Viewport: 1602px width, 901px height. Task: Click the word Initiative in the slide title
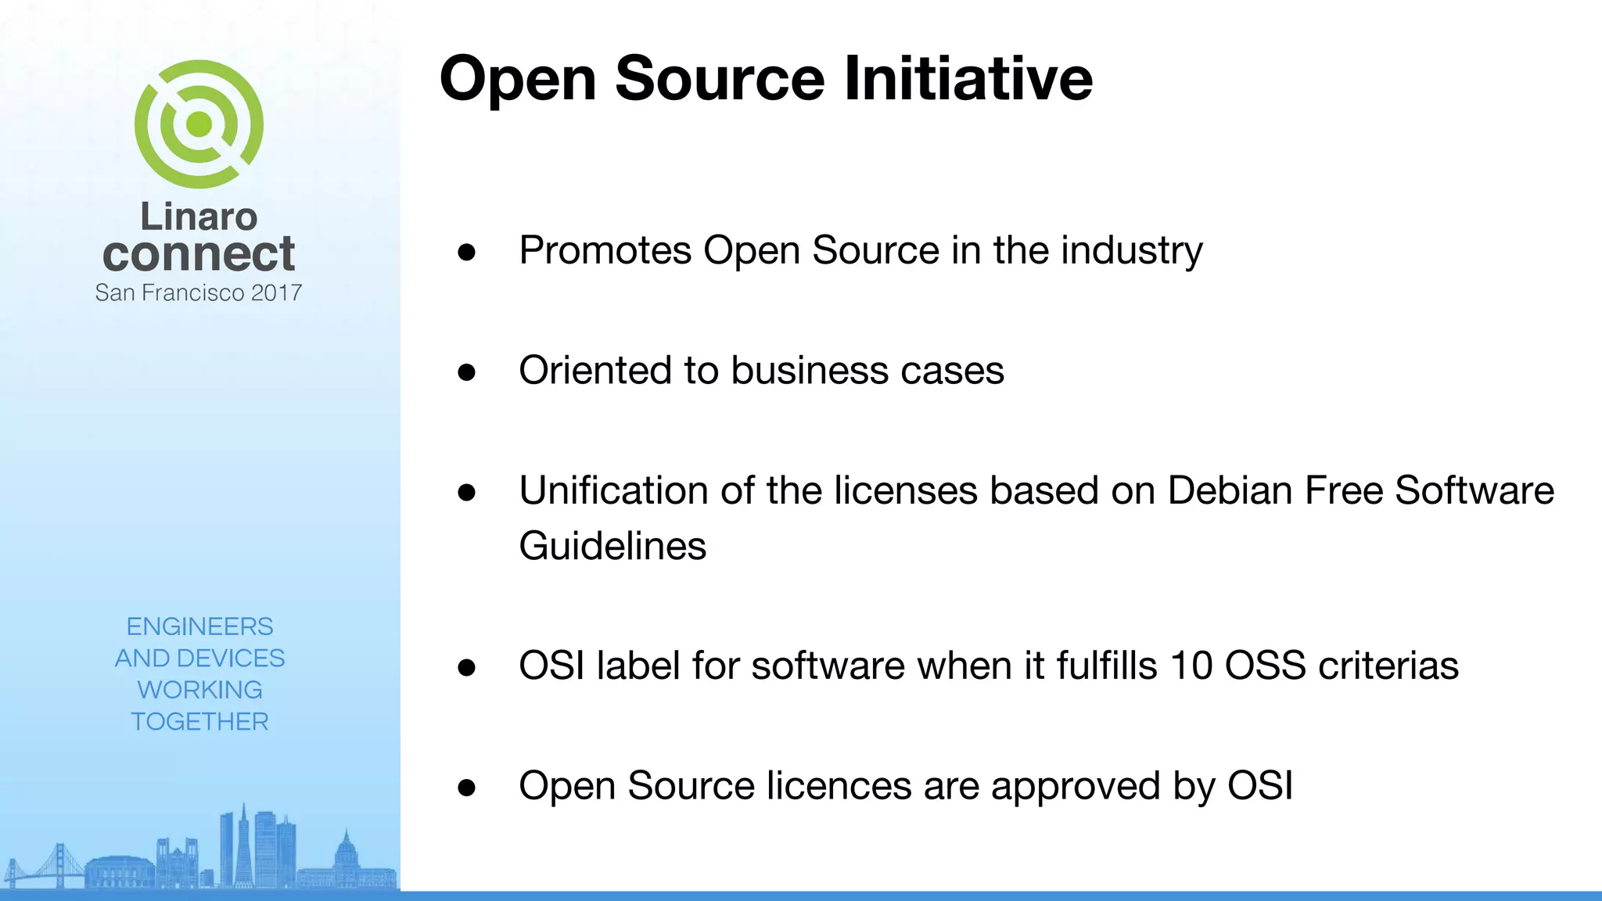[968, 79]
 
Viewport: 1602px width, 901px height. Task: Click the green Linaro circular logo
[199, 124]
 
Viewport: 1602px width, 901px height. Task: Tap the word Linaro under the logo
[199, 217]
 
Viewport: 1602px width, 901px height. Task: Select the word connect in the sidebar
[199, 254]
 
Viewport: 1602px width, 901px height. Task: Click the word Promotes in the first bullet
[605, 251]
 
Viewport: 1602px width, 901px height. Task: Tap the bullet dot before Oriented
[467, 372]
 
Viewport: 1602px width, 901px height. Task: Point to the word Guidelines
[612, 546]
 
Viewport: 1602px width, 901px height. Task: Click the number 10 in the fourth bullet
[1191, 666]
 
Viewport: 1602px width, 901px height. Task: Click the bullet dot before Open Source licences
[467, 788]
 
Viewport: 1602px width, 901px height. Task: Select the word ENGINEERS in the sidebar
[199, 626]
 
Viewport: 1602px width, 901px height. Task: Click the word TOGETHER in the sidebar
[199, 721]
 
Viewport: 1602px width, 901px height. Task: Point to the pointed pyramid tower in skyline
[243, 845]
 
